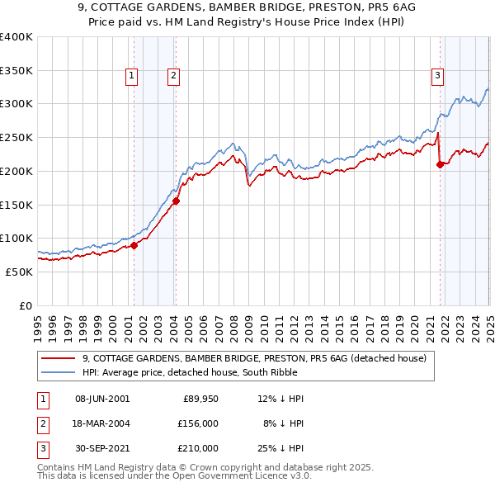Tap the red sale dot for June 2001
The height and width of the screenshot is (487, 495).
point(134,244)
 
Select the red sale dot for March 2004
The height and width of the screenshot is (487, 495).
point(176,200)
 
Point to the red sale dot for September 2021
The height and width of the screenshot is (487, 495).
point(440,164)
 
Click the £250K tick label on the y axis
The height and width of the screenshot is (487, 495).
point(16,137)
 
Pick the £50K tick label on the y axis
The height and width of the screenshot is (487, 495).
point(18,272)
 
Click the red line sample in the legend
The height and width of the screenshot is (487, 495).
point(58,358)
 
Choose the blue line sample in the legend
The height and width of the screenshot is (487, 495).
point(58,372)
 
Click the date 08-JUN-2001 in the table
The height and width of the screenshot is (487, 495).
point(101,399)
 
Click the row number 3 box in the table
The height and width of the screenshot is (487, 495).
point(40,448)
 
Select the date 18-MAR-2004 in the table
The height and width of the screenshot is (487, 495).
point(102,423)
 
